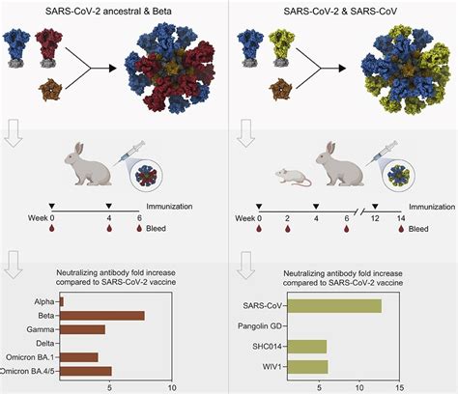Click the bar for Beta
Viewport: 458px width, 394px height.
(101, 315)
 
